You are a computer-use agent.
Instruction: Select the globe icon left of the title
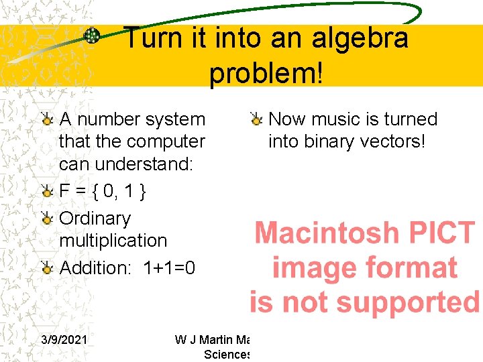92,36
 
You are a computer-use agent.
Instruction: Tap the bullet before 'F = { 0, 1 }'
46,192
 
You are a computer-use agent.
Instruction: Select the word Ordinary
95,219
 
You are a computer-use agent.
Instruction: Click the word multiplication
113,240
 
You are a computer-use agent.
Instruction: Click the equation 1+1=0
169,268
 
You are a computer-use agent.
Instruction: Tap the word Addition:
96,268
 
